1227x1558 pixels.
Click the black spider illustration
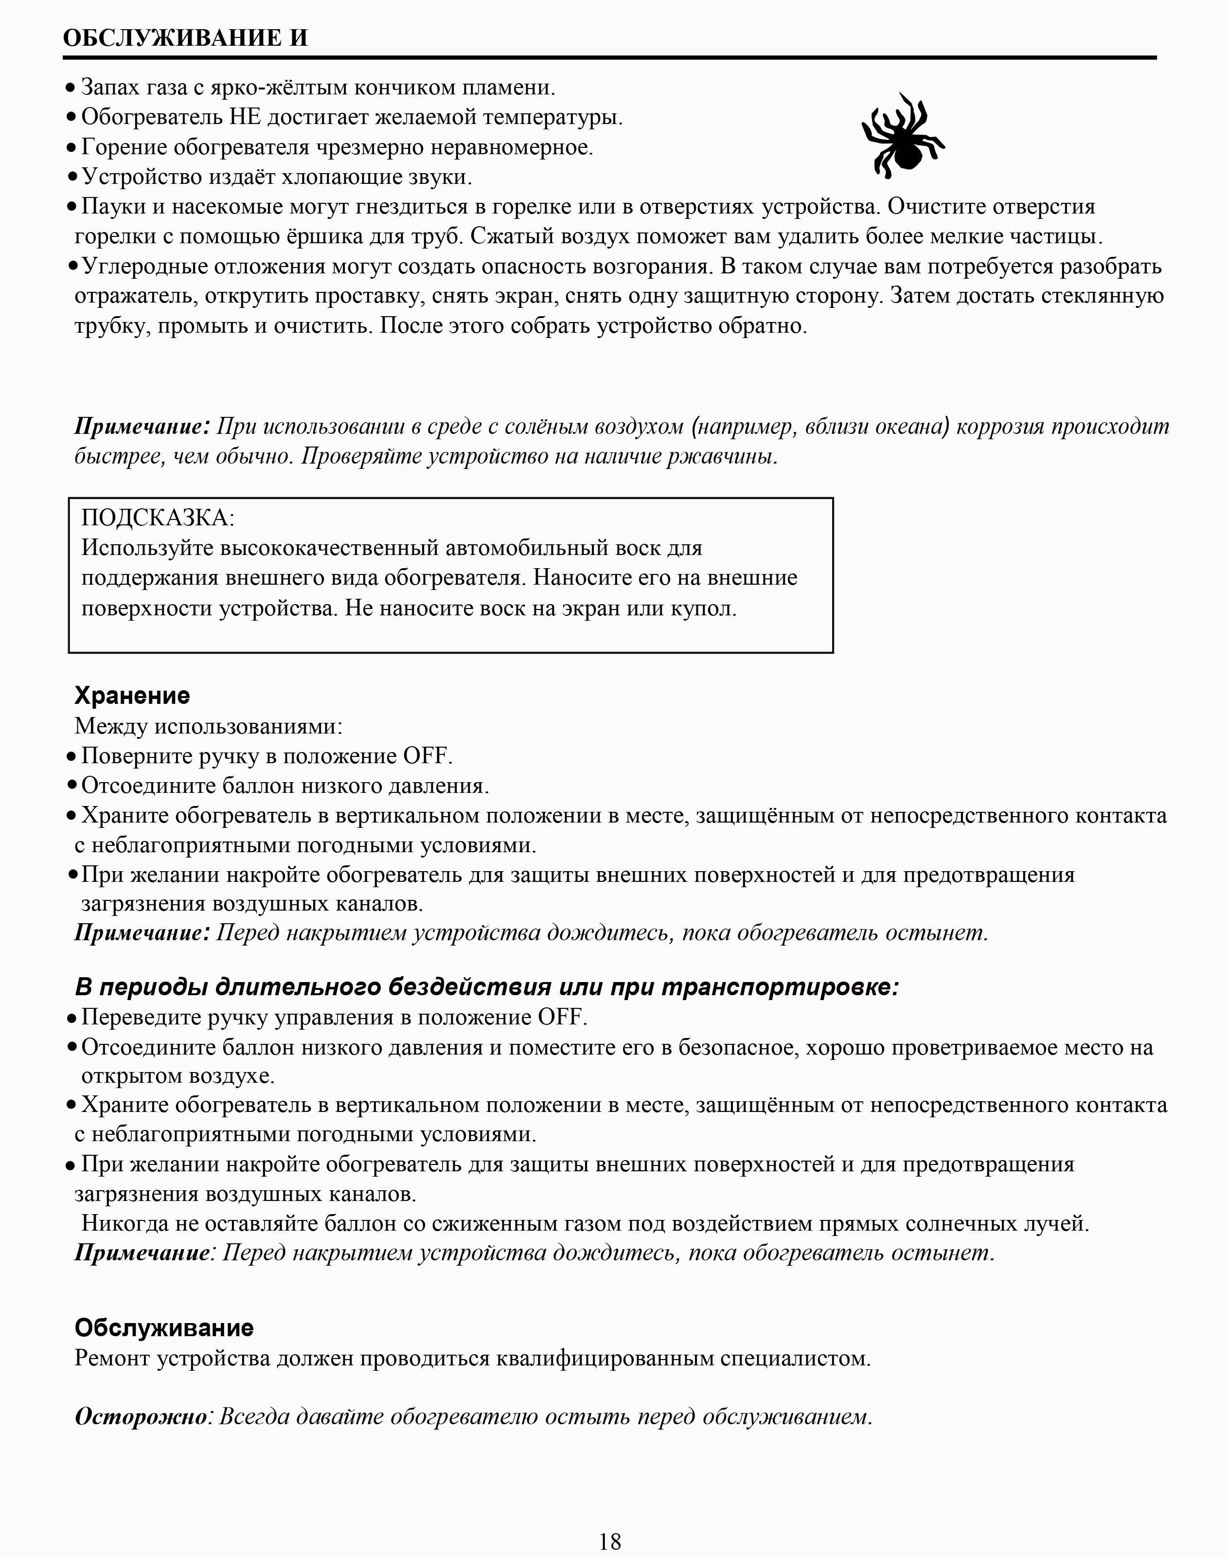pyautogui.click(x=903, y=134)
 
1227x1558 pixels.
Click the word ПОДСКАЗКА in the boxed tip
pyautogui.click(x=157, y=518)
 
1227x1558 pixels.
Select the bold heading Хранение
pyautogui.click(x=132, y=696)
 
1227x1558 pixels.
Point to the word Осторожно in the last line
pyautogui.click(x=141, y=1416)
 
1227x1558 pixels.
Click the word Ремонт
pyautogui.click(x=112, y=1358)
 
